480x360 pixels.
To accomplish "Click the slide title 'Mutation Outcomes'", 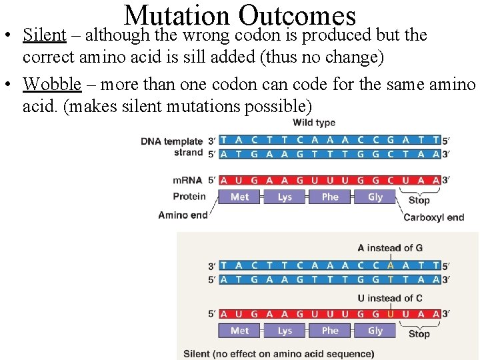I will pos(240,15).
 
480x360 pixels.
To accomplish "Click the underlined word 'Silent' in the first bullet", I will pos(44,35).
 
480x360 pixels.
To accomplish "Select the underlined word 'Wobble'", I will pos(52,85).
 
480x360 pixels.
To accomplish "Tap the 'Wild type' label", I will pos(314,123).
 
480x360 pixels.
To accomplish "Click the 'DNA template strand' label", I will pos(171,147).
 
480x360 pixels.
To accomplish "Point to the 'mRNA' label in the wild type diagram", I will pos(187,180).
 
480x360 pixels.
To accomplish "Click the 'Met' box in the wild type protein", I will pos(240,197).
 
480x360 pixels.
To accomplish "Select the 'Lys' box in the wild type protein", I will pos(285,197).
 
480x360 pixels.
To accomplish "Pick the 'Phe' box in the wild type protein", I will pos(330,197).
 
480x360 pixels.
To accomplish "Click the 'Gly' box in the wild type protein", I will pos(375,197).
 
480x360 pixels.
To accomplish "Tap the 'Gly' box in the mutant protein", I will pos(375,331).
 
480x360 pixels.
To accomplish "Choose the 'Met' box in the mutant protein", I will pos(240,331).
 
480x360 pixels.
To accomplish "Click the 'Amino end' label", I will pos(183,215).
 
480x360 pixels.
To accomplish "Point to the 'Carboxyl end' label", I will pos(433,217).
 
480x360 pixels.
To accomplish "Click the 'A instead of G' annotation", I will pos(390,248).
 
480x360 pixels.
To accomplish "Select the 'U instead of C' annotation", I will pos(390,298).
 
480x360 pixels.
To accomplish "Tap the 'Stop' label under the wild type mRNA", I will pos(419,200).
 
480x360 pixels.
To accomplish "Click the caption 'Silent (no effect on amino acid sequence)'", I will pos(279,354).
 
